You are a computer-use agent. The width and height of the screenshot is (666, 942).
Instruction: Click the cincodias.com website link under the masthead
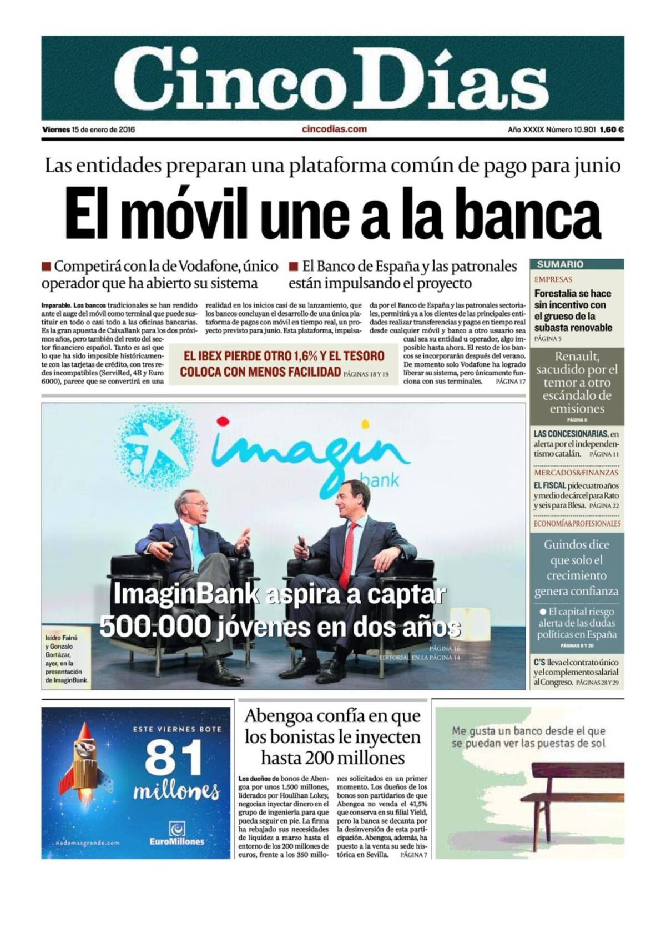pos(334,129)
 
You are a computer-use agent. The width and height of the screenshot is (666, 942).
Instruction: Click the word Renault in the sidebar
pos(577,357)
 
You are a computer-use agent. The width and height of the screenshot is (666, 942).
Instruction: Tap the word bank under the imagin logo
pos(379,479)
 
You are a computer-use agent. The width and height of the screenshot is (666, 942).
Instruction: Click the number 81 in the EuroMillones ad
pos(174,758)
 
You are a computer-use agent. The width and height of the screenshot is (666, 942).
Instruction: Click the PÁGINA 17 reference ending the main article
pos(510,382)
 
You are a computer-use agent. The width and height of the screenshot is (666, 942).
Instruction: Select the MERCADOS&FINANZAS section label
pos(576,473)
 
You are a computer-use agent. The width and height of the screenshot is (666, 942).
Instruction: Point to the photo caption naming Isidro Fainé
pos(65,659)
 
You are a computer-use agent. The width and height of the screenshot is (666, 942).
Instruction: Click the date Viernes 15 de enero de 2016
pos(89,129)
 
